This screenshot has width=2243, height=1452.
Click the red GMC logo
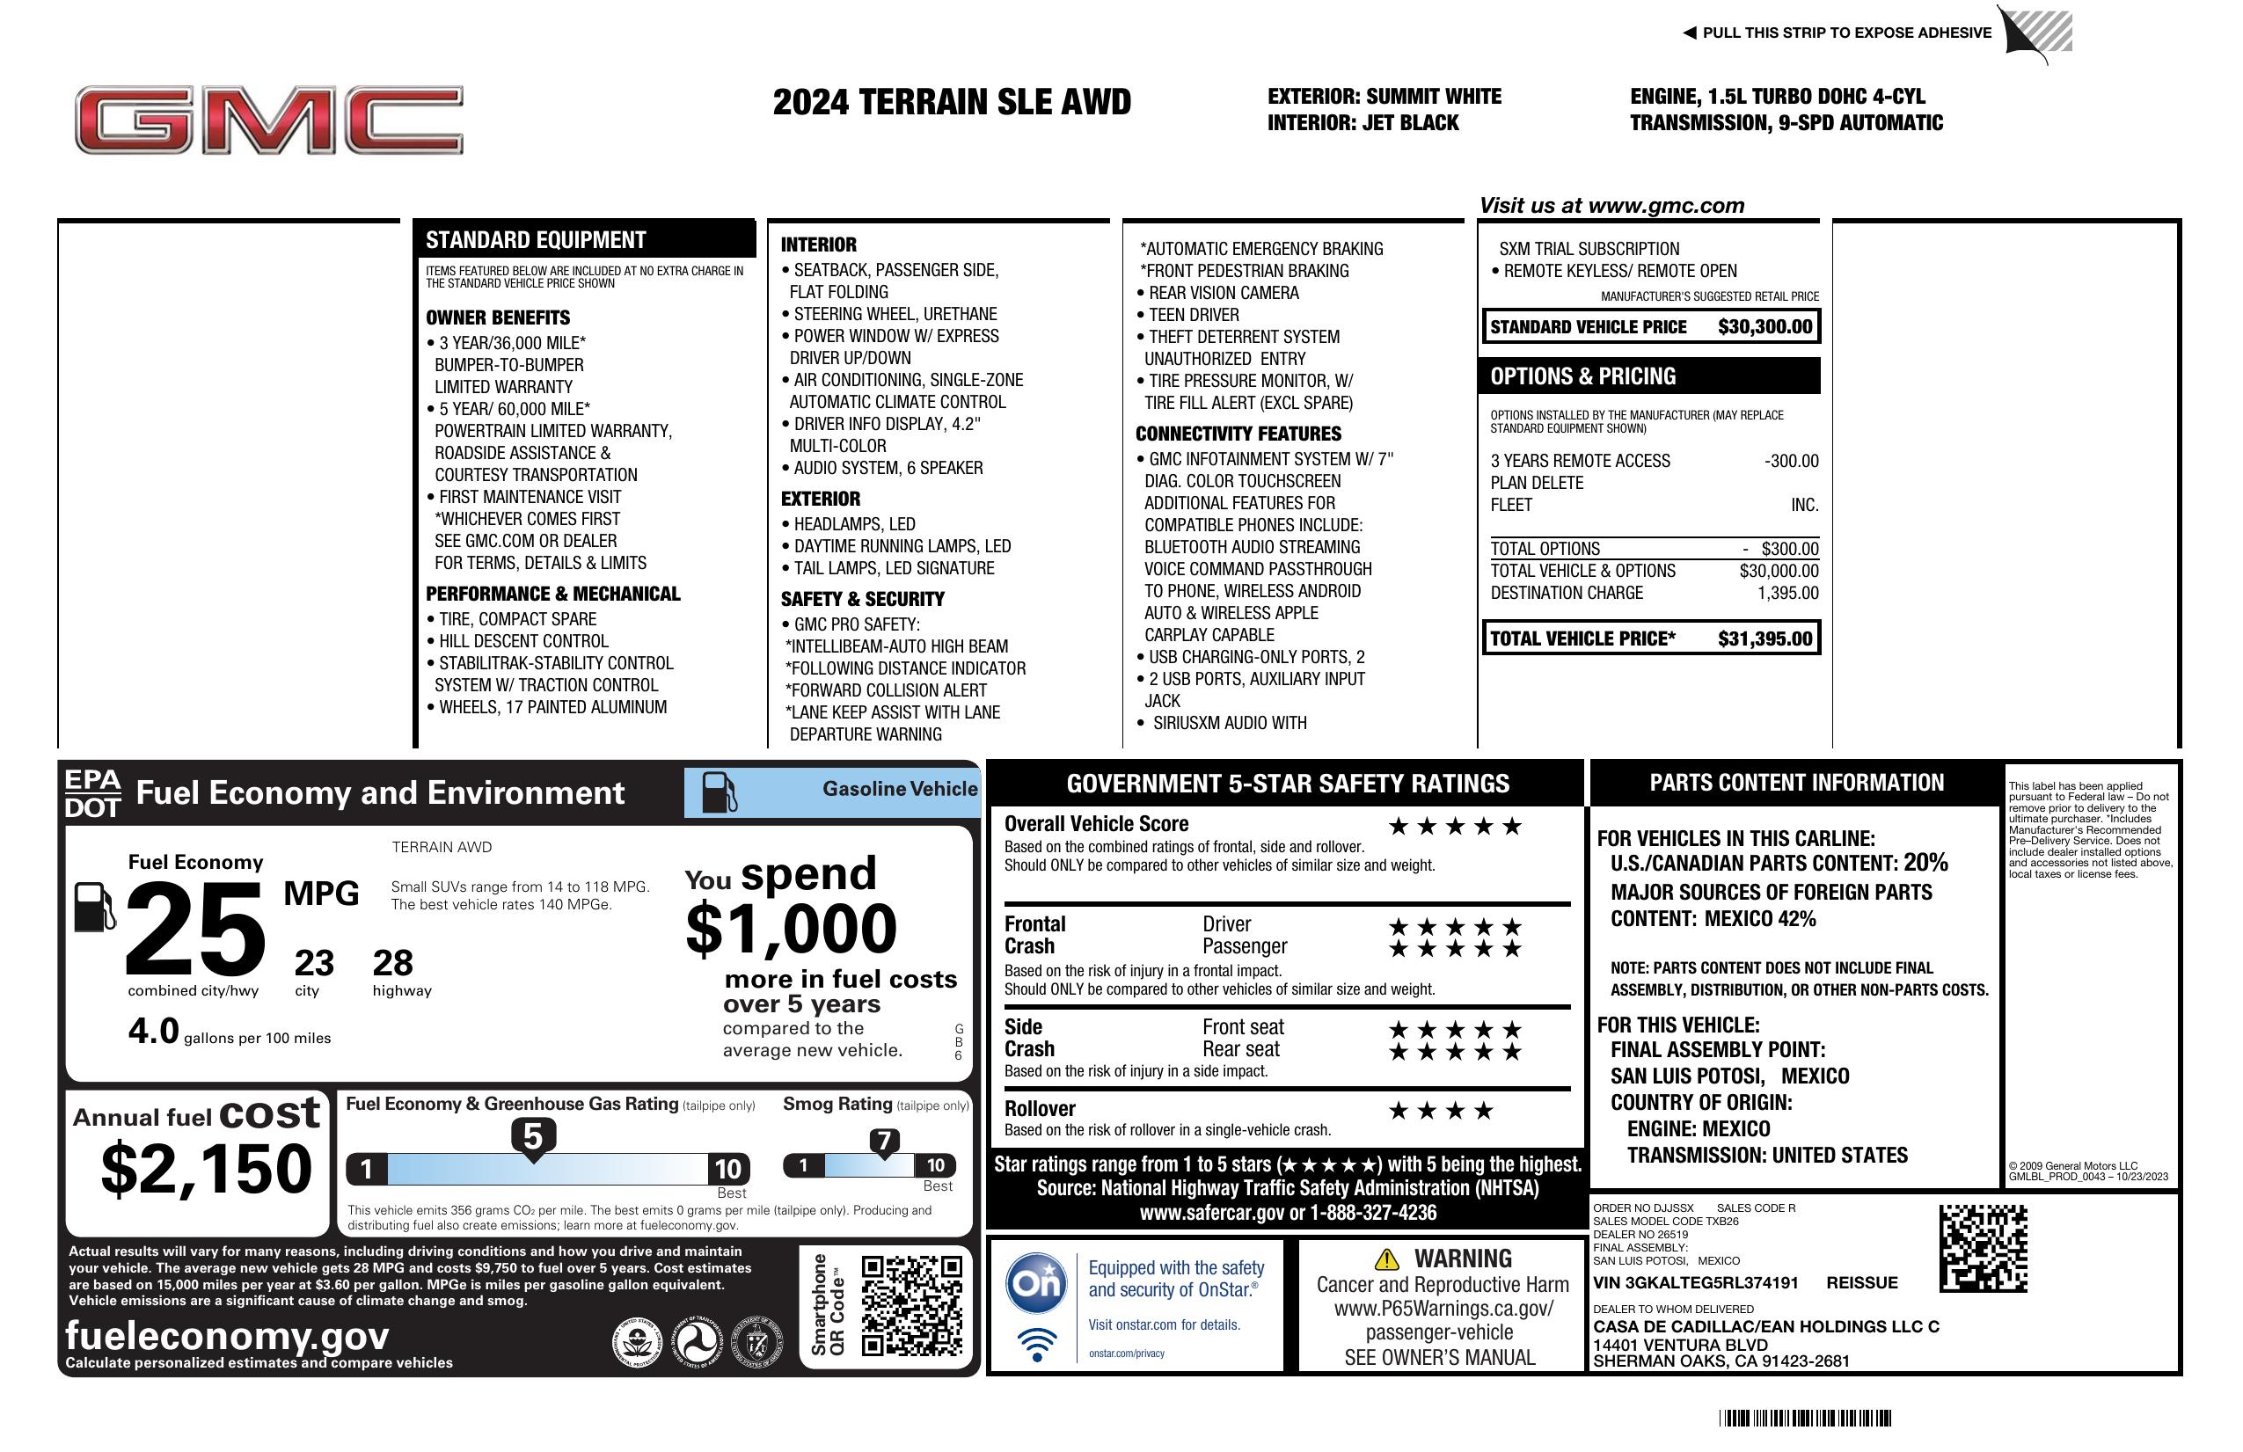[x=268, y=120]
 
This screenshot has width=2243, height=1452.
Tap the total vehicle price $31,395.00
[x=1764, y=638]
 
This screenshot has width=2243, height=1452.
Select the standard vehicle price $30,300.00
[x=1764, y=327]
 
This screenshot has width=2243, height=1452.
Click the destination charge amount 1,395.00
[x=1787, y=593]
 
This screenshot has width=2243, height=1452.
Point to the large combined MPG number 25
[x=195, y=928]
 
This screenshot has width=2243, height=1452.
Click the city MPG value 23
[x=314, y=963]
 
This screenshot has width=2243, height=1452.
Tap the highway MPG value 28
[x=393, y=963]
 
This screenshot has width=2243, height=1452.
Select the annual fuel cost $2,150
[x=206, y=1169]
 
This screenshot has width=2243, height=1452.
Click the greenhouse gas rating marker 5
[x=532, y=1137]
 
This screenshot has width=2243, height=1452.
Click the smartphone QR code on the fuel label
[x=911, y=1305]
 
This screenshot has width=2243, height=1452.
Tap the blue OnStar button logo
[x=1036, y=1282]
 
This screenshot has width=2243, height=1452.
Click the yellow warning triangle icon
[x=1386, y=1259]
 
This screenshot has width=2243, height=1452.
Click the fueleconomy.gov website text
[x=227, y=1335]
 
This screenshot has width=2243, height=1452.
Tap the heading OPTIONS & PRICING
[x=1583, y=376]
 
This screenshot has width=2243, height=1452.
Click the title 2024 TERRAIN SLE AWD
[x=951, y=102]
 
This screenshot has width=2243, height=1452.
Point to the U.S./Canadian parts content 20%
[x=1925, y=862]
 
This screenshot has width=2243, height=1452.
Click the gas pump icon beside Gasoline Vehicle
[x=720, y=792]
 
